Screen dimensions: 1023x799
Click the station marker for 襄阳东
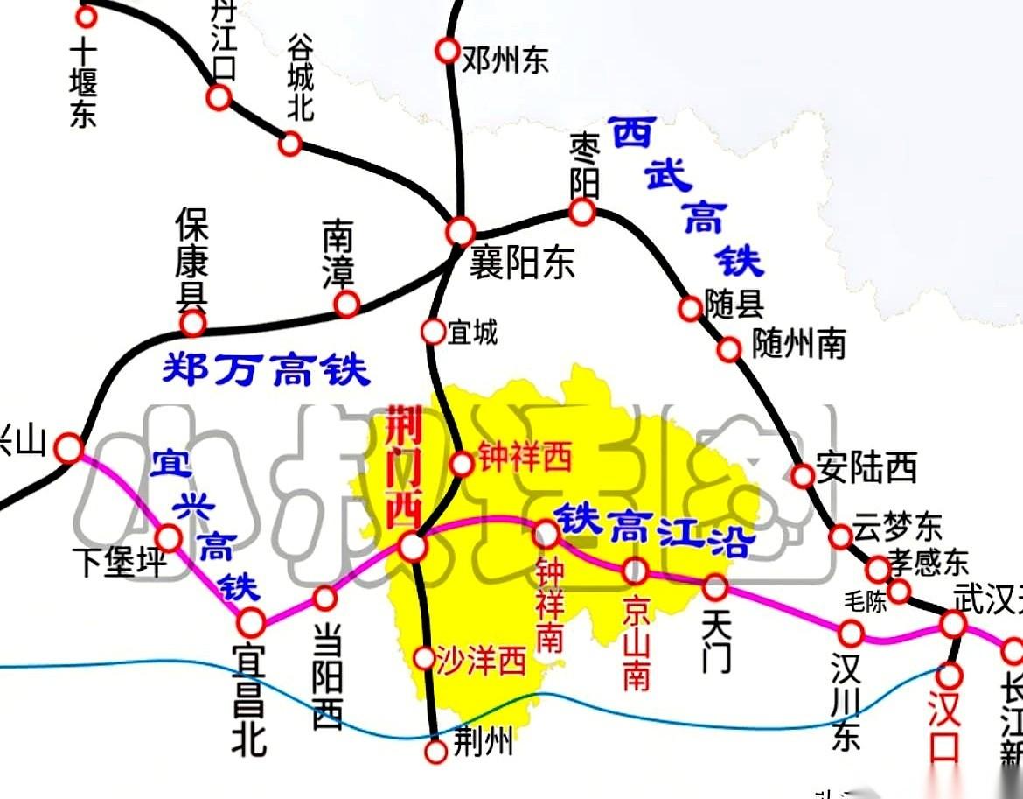[x=460, y=232]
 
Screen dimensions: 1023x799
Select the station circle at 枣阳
[x=582, y=211]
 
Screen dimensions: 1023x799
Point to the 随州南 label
[x=799, y=345]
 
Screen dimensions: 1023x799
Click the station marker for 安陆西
[x=803, y=475]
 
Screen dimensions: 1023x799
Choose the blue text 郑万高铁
[x=266, y=370]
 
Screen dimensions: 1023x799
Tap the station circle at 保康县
[x=192, y=324]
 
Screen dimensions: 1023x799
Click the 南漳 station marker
[x=347, y=304]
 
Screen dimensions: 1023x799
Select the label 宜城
[x=472, y=333]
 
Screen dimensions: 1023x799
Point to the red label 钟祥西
[x=524, y=458]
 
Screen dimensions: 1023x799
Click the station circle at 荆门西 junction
[x=413, y=547]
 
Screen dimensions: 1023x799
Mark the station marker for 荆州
[x=435, y=751]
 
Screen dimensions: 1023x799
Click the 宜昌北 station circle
[x=252, y=621]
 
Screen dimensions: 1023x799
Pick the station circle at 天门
[x=715, y=586]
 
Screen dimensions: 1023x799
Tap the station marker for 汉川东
[x=851, y=633]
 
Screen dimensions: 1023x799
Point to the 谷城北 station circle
[x=290, y=144]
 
